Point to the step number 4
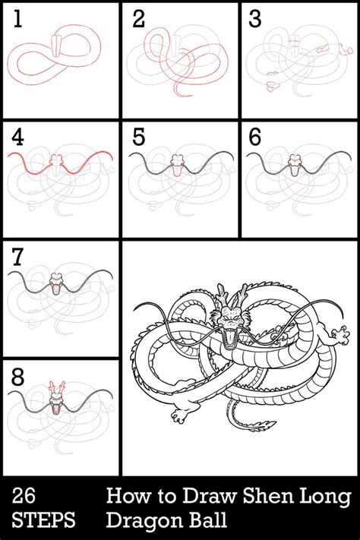(x=17, y=138)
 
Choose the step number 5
(x=137, y=138)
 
